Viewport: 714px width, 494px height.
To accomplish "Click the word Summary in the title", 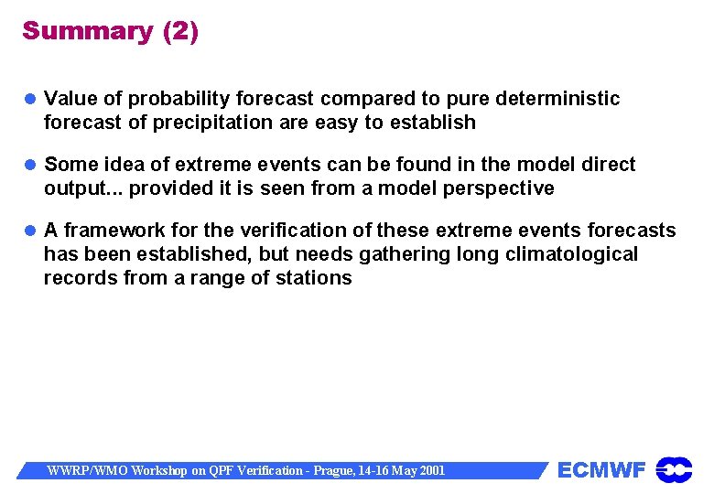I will (x=88, y=30).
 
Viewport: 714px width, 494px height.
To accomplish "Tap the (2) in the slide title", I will (x=180, y=30).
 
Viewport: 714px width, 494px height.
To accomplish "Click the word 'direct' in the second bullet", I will (x=608, y=165).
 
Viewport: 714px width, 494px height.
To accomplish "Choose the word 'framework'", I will (x=108, y=231).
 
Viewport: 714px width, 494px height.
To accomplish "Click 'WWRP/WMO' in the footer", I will (x=87, y=470).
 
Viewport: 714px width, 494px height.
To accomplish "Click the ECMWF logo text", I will (x=601, y=470).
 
